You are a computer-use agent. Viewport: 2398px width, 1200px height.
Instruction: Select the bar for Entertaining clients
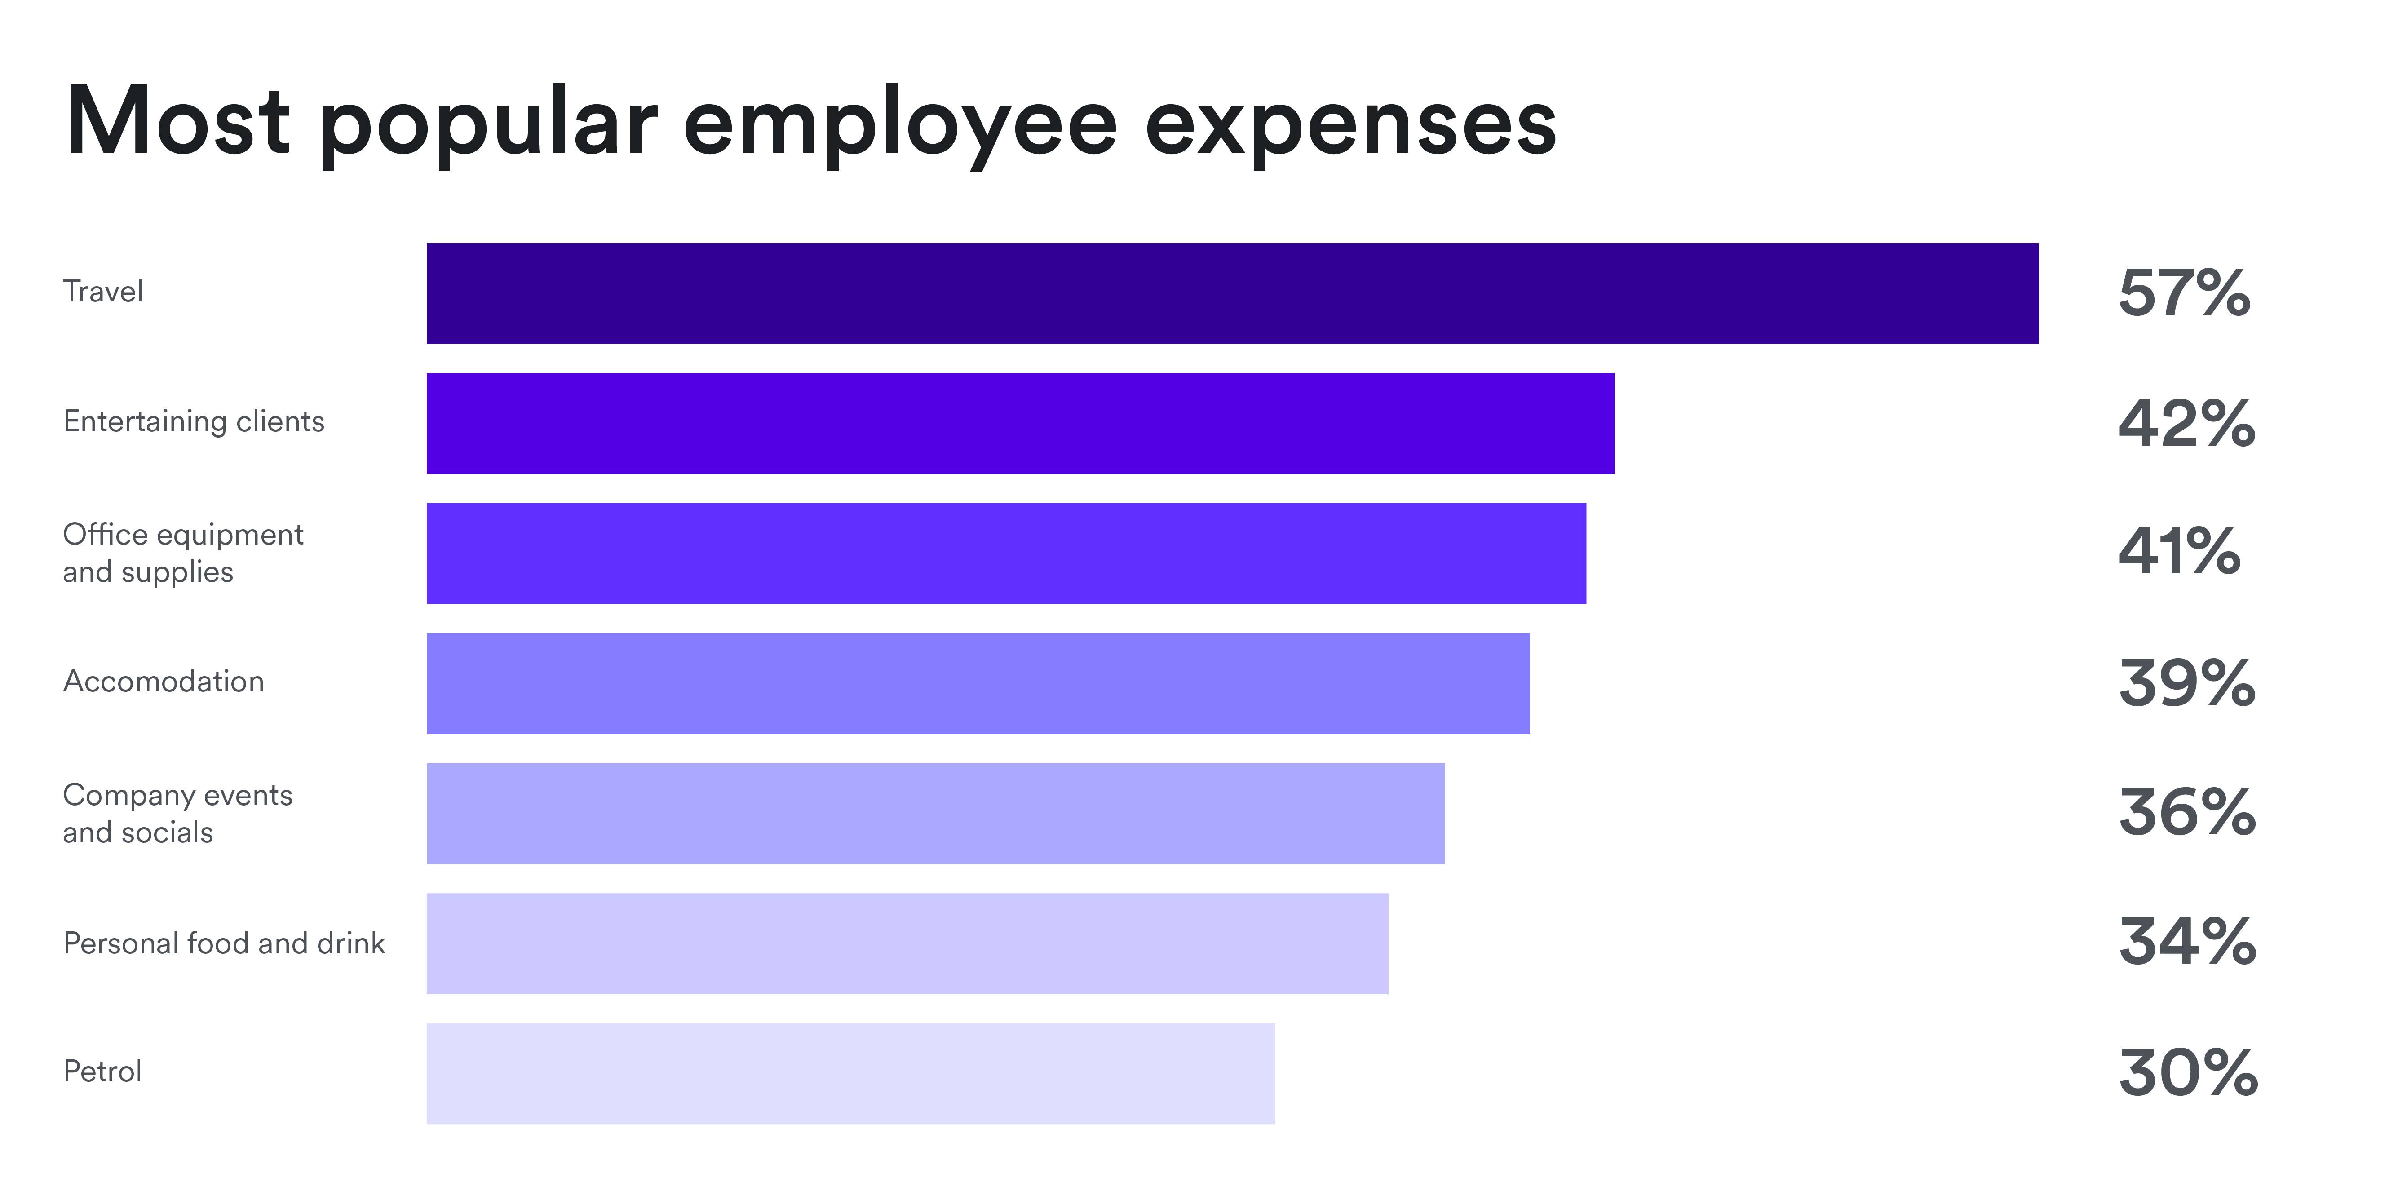[x=1020, y=424]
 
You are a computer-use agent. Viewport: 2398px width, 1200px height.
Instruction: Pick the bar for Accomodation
[x=978, y=683]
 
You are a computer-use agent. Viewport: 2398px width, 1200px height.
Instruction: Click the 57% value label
[x=2184, y=293]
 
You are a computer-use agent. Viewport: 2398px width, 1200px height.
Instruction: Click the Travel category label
[x=102, y=292]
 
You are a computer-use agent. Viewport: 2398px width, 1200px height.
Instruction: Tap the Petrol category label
[x=102, y=1072]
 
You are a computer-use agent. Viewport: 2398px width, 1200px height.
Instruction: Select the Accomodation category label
[x=163, y=682]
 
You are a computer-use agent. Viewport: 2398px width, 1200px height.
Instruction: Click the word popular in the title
[x=489, y=126]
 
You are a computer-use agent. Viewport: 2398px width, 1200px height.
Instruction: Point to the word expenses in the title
[x=1350, y=126]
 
